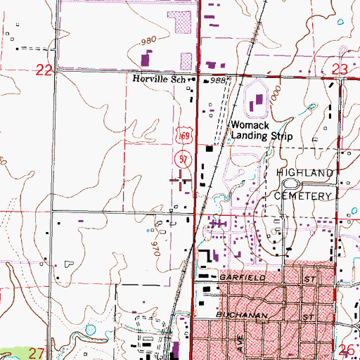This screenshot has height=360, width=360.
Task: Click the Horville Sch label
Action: coord(158,81)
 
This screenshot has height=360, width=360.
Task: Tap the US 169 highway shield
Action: coord(181,143)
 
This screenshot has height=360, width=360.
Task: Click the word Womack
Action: coord(247,124)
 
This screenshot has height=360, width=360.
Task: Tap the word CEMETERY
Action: coord(303,195)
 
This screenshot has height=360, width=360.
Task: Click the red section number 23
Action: coord(339,69)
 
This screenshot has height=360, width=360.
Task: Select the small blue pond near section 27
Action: coord(89,328)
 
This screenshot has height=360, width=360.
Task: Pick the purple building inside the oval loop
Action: coord(257,104)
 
